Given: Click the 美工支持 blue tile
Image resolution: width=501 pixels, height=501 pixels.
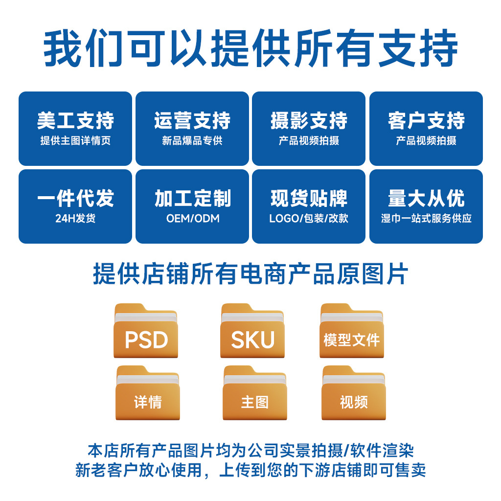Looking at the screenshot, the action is coord(75,128).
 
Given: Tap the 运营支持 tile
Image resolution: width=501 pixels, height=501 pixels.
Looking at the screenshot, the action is coord(192,128).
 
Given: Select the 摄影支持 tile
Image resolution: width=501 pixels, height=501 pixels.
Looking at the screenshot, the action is coord(309,128).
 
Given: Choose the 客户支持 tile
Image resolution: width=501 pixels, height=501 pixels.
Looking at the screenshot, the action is coord(426,128).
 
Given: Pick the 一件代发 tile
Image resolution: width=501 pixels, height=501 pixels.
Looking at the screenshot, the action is coord(75,206).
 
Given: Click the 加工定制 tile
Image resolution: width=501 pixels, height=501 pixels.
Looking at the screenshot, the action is coord(192,206).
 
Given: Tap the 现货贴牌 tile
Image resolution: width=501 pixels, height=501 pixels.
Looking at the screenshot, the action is coord(309,206).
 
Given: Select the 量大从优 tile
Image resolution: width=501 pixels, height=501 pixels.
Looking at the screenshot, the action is coord(426,206).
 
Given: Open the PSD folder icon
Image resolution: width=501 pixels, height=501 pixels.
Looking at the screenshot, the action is coord(146,331).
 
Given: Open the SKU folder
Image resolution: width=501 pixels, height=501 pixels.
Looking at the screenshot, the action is coord(252,331).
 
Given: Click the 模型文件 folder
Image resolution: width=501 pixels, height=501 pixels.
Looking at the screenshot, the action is coord(352,331).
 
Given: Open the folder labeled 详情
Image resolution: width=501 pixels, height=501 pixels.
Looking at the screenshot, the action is coord(148,393).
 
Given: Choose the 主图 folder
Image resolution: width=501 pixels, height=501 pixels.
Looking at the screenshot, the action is coord(254,393).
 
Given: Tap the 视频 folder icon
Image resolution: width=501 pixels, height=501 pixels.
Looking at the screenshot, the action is coord(353,393).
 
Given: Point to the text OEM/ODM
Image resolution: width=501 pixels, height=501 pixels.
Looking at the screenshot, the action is coord(193,218).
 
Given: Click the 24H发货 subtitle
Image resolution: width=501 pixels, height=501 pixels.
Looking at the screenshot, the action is coord(75,218).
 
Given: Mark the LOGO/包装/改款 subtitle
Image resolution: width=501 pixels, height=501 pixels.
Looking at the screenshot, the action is coord(309,218).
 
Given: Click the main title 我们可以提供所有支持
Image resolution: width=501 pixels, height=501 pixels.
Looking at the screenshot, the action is coord(250,49).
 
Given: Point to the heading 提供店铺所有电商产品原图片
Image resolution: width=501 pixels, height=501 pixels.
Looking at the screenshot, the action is coord(250,274).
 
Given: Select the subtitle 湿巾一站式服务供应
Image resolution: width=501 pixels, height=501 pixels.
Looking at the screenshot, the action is coord(426,218).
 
